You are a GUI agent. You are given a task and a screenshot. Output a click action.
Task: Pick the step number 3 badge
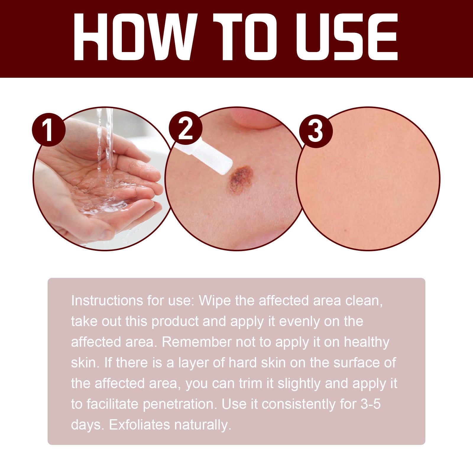click(x=315, y=131)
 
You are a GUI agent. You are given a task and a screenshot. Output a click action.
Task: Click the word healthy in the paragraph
click(x=367, y=342)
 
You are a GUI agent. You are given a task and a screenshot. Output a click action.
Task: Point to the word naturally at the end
click(x=203, y=425)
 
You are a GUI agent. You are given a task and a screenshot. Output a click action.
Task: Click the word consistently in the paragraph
click(x=299, y=404)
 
